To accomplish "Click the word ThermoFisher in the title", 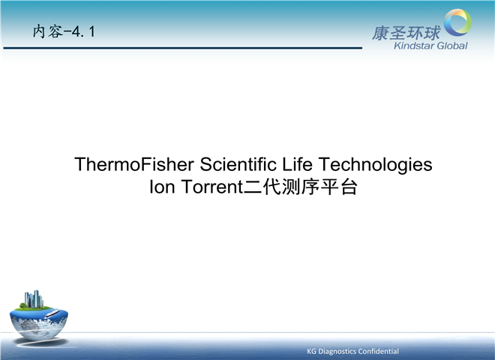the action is (134, 164).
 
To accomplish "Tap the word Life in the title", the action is (297, 164).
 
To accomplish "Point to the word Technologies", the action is (375, 165).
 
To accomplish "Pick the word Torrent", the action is (212, 187).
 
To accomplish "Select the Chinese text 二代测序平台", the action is (301, 187).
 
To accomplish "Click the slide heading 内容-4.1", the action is (64, 31).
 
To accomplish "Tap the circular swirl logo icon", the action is (457, 22).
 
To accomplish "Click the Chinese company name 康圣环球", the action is (406, 34).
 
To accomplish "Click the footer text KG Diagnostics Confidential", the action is (352, 351).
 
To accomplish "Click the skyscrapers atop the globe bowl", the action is (34, 299).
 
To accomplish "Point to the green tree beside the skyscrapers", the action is (22, 305).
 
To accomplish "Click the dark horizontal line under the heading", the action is (183, 48).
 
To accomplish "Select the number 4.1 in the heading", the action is (83, 31).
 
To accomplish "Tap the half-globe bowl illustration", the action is (38, 322).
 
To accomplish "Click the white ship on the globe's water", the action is (52, 313).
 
